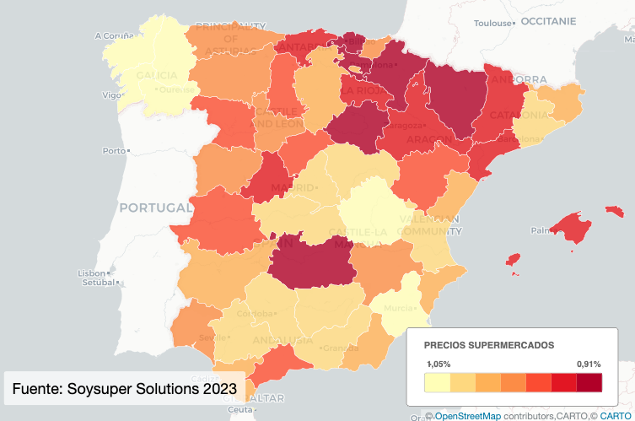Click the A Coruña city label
tap(115, 35)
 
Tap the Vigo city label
tap(110, 95)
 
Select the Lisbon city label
tap(90, 273)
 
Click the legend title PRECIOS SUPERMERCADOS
tap(489, 346)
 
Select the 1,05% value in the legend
tap(439, 364)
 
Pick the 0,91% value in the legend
tap(589, 364)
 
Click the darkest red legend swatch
tap(589, 383)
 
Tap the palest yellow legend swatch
tap(437, 383)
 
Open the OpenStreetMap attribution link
tap(468, 416)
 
